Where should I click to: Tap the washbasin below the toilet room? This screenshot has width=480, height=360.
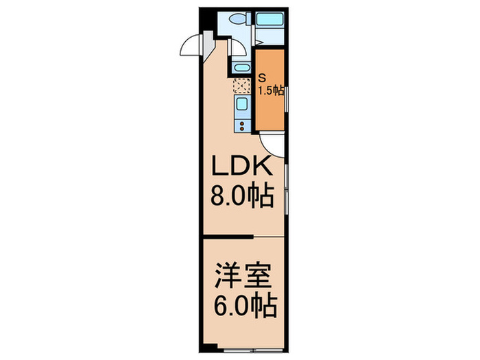241,67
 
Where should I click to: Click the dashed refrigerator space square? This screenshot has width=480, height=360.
242,86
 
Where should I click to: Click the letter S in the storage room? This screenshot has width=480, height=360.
263,77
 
